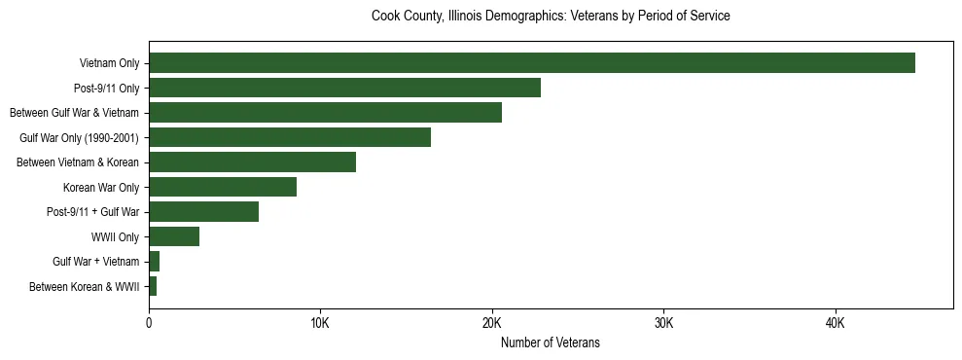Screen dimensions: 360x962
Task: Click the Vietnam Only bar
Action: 531,63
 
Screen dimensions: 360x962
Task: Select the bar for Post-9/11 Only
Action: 344,88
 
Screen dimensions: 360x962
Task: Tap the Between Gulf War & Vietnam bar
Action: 325,113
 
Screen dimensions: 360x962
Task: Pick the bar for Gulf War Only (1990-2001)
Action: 290,137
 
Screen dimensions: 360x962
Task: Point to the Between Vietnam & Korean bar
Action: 252,162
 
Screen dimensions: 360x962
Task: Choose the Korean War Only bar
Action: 223,187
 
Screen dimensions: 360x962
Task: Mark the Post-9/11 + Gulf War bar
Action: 203,212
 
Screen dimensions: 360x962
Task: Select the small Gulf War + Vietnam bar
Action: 154,262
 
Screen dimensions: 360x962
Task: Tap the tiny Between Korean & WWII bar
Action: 153,286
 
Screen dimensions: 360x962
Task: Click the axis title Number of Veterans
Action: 551,343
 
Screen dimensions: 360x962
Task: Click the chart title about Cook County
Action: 551,17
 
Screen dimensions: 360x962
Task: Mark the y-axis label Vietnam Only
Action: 109,64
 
